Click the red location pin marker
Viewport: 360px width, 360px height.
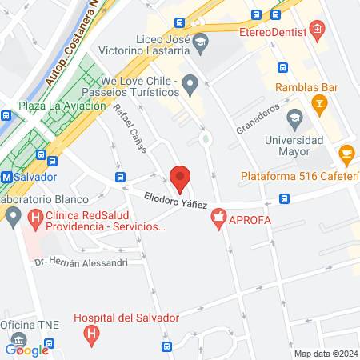pos(181,178)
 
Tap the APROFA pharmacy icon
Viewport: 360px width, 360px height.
pos(218,219)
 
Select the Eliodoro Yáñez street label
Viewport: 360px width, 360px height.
pos(176,199)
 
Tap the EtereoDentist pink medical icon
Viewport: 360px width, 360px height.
pos(318,32)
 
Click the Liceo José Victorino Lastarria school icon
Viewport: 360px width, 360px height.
pos(201,41)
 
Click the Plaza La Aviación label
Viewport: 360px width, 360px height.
pos(53,106)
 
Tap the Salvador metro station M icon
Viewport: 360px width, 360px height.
pos(6,176)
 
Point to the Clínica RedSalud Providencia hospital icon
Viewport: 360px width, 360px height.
pos(34,216)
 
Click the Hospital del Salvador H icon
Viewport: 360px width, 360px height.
pos(93,333)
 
